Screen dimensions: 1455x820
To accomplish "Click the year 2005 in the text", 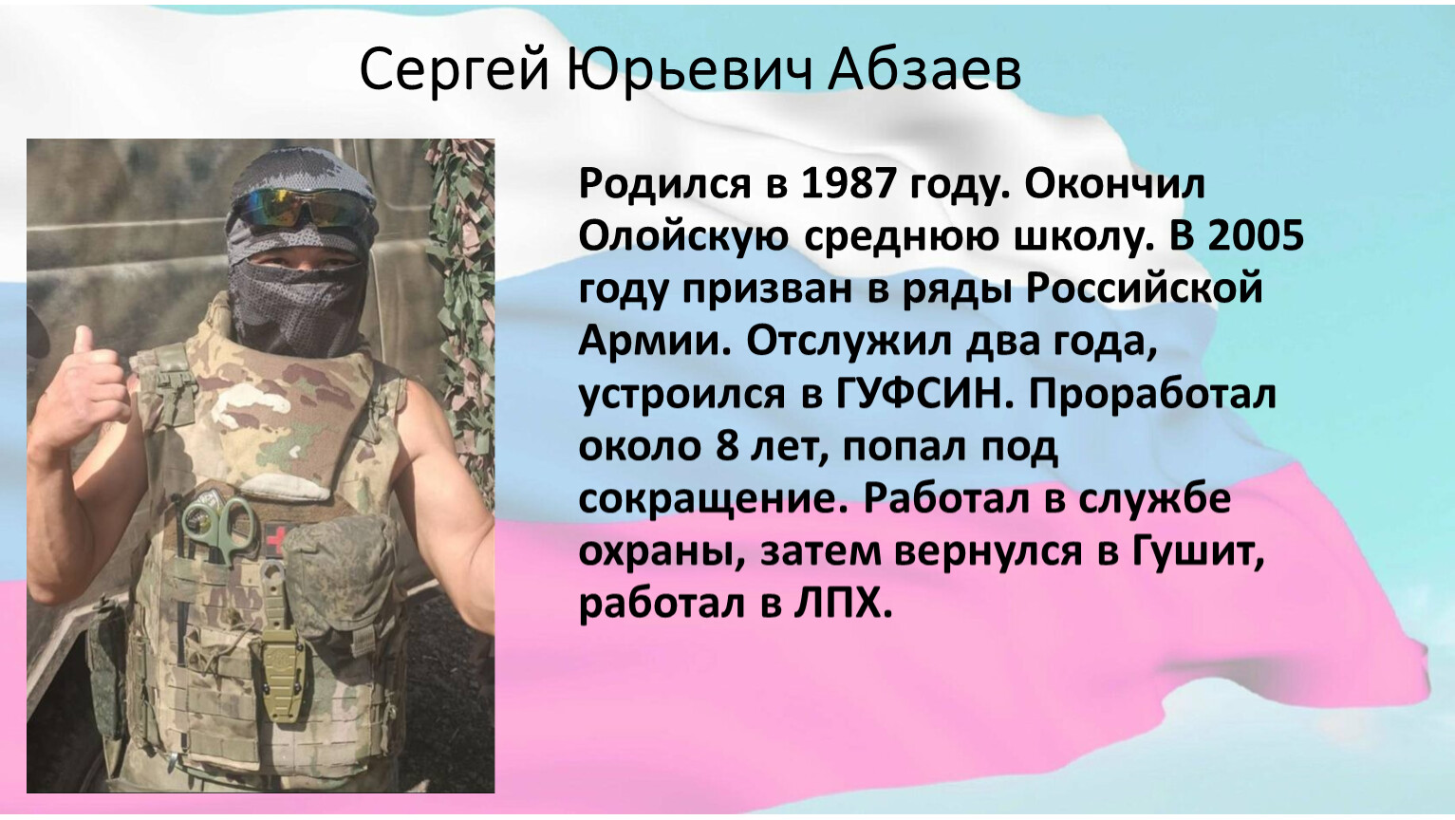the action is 1257,236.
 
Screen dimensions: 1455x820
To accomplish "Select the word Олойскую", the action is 682,237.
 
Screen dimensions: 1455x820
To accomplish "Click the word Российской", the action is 1145,289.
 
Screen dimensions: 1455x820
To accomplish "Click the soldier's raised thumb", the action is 84,341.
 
